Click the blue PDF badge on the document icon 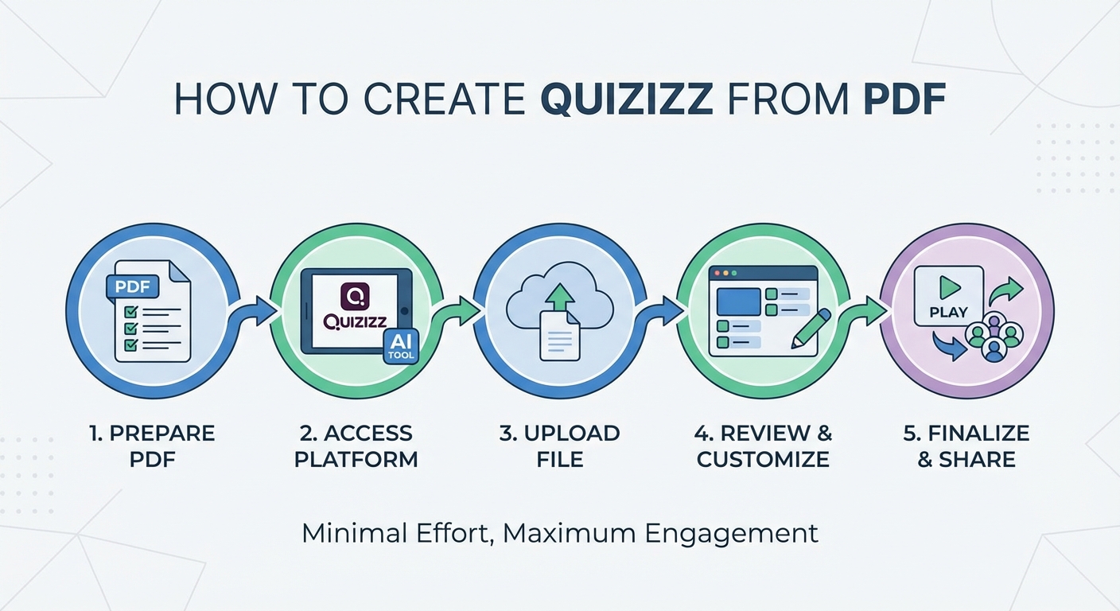click(x=133, y=287)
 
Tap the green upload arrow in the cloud click(x=562, y=299)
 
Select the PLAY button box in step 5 click(x=948, y=297)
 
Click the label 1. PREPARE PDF click(x=152, y=446)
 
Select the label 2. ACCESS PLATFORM click(x=356, y=446)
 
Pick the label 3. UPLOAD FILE click(x=560, y=446)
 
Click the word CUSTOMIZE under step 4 click(x=763, y=460)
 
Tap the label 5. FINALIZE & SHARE click(x=966, y=446)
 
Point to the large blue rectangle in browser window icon click(x=738, y=302)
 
